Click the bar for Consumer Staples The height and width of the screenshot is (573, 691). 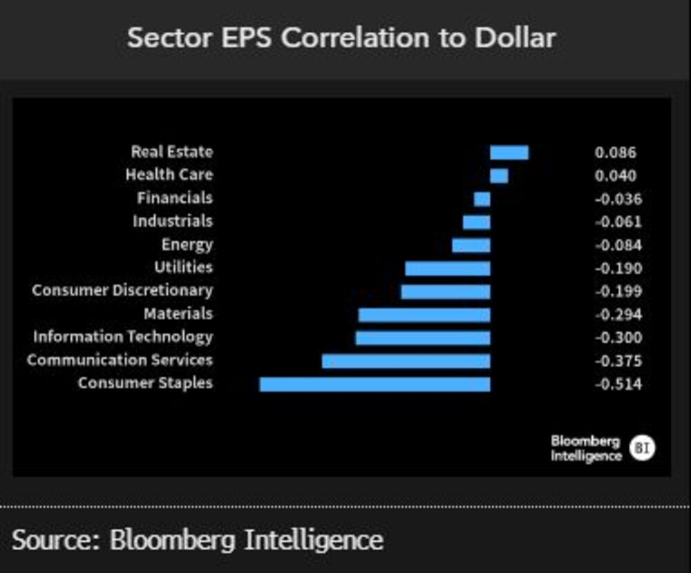pos(375,384)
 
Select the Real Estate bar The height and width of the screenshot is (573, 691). pos(509,153)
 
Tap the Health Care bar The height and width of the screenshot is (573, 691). pos(499,176)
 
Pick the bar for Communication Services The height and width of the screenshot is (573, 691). pos(406,361)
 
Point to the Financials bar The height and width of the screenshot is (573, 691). pos(482,199)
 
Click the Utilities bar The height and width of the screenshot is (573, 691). pos(447,268)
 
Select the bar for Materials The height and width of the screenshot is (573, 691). pos(424,314)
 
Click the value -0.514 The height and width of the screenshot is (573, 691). pos(618,384)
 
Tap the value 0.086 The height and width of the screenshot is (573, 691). pos(615,153)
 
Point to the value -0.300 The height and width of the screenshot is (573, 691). pos(618,338)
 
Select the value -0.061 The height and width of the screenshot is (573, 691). pos(618,222)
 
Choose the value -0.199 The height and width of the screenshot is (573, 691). pos(618,292)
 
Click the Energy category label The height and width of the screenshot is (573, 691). pos(187,245)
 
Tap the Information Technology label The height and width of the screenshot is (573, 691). pos(123,337)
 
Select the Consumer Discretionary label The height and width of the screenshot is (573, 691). pos(122,291)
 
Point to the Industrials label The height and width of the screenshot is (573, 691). pos(173,222)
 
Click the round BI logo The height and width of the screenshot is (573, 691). pos(642,449)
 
